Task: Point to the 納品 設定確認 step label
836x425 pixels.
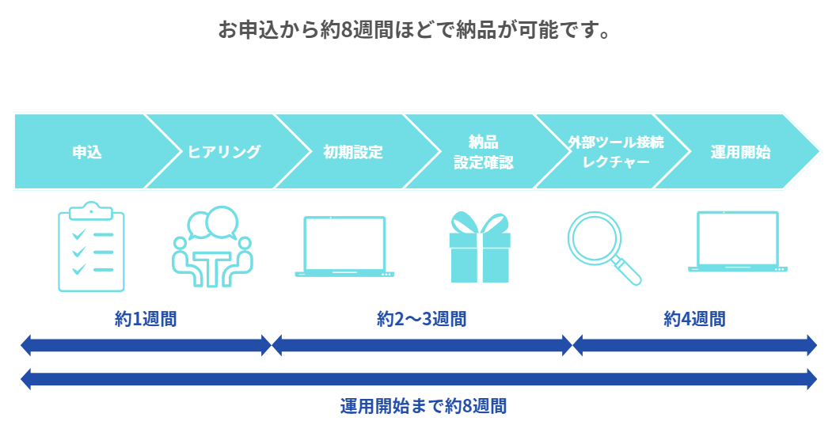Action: click(483, 152)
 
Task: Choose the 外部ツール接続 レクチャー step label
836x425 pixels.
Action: click(615, 152)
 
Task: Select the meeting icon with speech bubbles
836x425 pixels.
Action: click(211, 246)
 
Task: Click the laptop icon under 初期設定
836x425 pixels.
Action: click(344, 246)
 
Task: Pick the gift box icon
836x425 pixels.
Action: click(480, 247)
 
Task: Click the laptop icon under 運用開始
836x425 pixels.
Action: click(737, 242)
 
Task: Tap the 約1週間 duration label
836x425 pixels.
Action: click(146, 319)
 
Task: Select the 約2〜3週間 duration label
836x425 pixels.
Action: click(422, 319)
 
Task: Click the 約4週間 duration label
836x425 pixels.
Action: click(694, 319)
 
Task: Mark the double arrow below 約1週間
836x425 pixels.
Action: click(146, 345)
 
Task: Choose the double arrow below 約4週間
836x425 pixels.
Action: click(694, 345)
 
